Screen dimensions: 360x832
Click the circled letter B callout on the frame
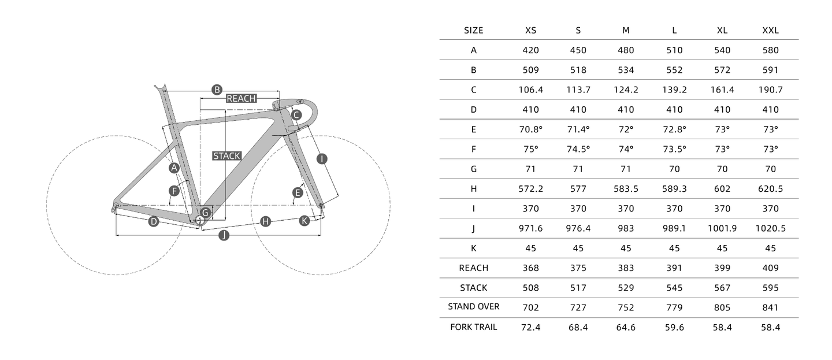(217, 90)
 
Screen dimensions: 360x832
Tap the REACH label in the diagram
(241, 98)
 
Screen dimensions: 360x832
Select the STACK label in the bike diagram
(226, 155)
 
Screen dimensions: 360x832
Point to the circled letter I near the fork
(322, 158)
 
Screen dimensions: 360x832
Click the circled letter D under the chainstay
(153, 221)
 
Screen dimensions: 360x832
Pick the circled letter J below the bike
(224, 235)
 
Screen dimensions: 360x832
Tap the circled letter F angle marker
(173, 191)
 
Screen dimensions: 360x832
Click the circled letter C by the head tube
(296, 115)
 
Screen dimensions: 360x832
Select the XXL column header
(770, 30)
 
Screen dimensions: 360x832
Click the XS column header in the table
(530, 30)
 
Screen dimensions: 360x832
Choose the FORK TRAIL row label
(473, 327)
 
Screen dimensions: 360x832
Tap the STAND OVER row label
(473, 307)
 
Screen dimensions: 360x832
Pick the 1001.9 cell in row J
(722, 228)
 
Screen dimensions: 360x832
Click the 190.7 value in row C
(770, 90)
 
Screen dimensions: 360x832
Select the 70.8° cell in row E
(530, 129)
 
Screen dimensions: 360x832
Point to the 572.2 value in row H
(530, 189)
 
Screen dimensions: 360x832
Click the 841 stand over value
(770, 307)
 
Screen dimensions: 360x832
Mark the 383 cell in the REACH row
(626, 268)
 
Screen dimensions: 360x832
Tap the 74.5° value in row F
(578, 149)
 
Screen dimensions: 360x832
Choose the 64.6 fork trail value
(626, 327)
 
